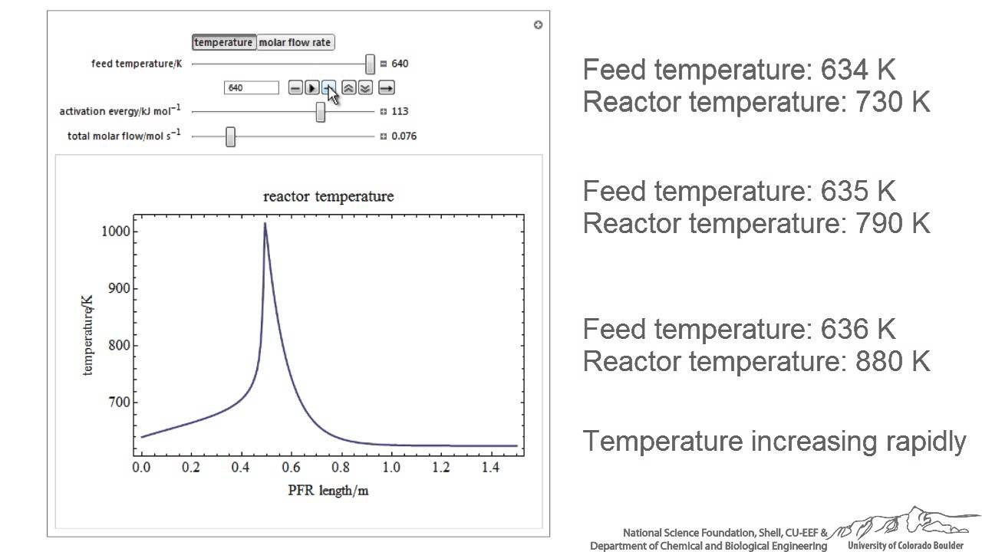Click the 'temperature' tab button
click(x=223, y=43)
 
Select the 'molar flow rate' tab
click(x=295, y=43)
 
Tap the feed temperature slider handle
click(x=371, y=64)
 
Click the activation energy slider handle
click(x=321, y=112)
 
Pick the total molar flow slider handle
click(x=230, y=136)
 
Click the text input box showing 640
click(x=251, y=88)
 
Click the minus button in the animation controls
click(x=295, y=88)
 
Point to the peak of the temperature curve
click(x=265, y=224)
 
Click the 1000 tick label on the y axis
click(x=115, y=232)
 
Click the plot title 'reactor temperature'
click(x=328, y=196)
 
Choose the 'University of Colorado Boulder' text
click(x=905, y=546)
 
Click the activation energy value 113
click(x=400, y=112)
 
